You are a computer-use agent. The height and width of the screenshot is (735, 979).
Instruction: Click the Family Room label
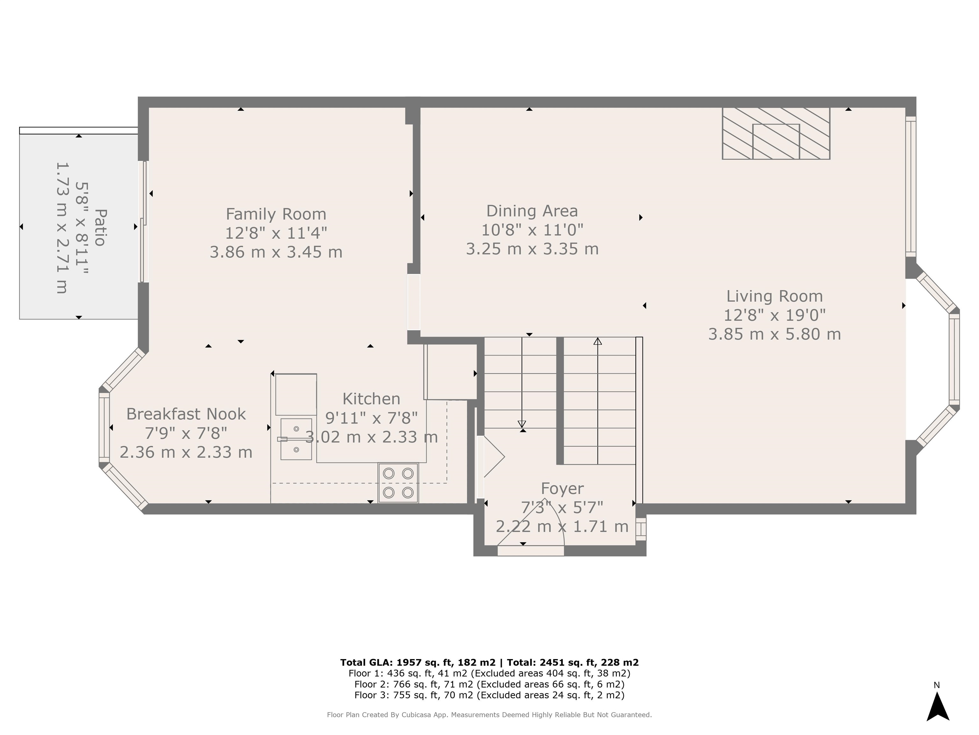276,214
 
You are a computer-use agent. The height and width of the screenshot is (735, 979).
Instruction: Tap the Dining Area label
532,211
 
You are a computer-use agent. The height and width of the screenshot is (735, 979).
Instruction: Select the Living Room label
774,296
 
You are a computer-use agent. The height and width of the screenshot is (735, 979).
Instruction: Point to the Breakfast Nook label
186,414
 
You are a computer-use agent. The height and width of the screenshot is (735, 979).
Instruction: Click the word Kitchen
371,399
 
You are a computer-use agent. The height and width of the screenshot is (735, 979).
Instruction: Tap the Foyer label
562,489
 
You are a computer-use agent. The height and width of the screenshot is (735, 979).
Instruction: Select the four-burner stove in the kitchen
398,483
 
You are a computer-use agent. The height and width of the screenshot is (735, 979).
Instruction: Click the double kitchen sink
296,439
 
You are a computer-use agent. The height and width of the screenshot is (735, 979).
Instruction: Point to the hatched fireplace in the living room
776,133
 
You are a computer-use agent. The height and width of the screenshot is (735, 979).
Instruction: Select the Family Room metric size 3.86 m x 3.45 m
276,252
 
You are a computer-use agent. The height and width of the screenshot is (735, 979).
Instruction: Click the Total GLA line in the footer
489,662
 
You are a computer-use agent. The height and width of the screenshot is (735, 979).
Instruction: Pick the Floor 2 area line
489,684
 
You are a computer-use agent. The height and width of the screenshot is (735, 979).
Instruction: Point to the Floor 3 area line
489,695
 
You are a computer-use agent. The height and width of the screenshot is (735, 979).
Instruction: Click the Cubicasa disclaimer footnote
489,715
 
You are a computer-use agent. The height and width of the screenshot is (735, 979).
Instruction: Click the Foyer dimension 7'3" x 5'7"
562,507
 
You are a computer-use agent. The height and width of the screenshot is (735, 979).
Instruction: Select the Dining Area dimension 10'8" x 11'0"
532,230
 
